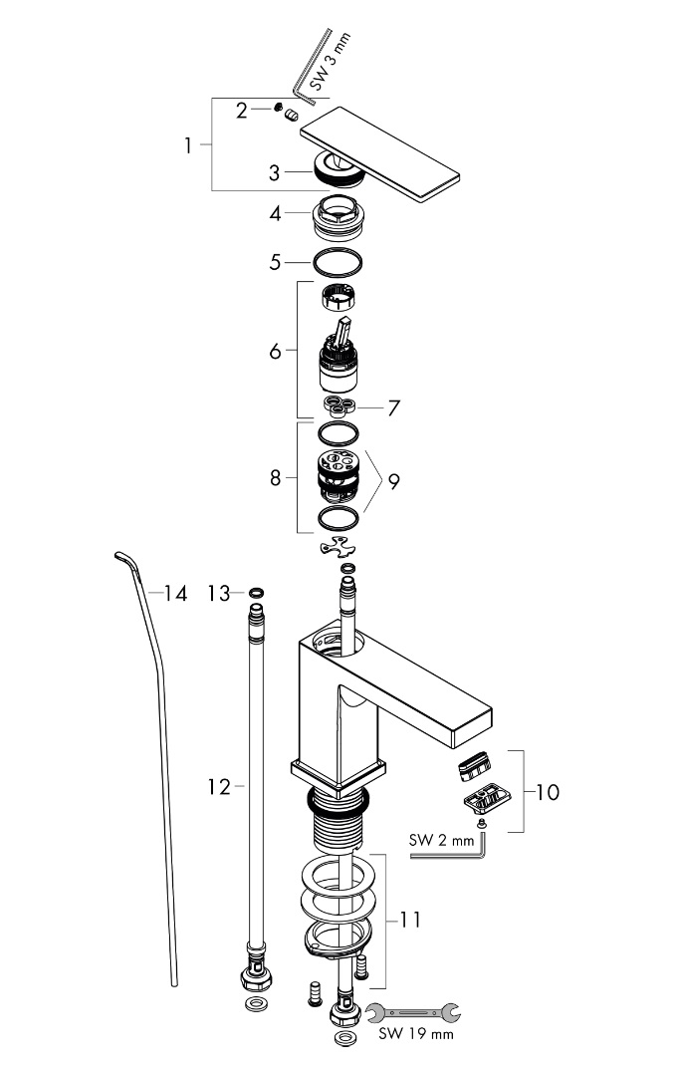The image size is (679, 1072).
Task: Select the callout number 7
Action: coord(393,408)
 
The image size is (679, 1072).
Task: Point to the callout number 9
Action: coord(394,481)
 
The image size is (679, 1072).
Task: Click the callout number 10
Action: coord(547,792)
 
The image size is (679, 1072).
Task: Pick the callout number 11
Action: coord(410,920)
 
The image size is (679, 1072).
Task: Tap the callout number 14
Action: coord(175,594)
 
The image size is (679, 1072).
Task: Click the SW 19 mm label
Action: coord(416,1035)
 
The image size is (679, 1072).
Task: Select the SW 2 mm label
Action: coord(442,840)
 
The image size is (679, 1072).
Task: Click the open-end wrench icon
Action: coord(413,1012)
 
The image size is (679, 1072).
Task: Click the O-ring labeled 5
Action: coord(337,263)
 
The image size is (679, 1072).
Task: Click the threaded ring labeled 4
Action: coord(338,215)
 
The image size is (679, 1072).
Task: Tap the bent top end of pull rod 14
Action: coord(123,559)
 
